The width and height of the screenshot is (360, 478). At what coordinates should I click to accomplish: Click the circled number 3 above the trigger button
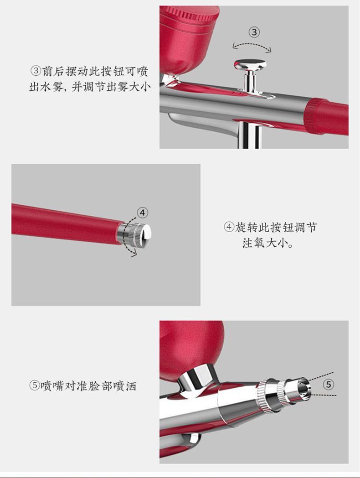pos(254,32)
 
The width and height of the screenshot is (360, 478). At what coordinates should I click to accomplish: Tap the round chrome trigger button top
pos(250,64)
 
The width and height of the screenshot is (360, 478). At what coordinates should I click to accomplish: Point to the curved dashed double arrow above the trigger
pos(252,46)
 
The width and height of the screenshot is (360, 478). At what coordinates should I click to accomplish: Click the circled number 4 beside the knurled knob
pos(142,213)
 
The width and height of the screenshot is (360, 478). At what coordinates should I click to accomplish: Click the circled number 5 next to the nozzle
pos(328,384)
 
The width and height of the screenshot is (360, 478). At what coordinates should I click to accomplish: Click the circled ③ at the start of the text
pos(36,71)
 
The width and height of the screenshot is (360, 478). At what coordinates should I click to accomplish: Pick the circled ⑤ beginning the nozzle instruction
pos(35,385)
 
